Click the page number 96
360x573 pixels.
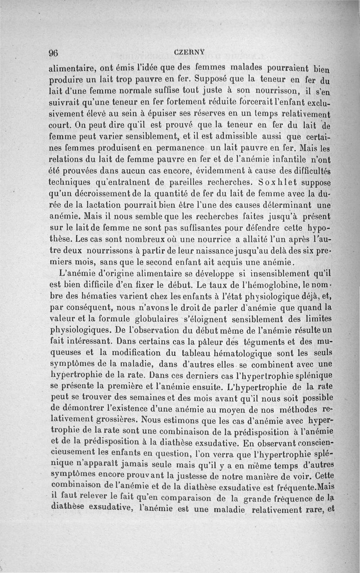54,52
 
